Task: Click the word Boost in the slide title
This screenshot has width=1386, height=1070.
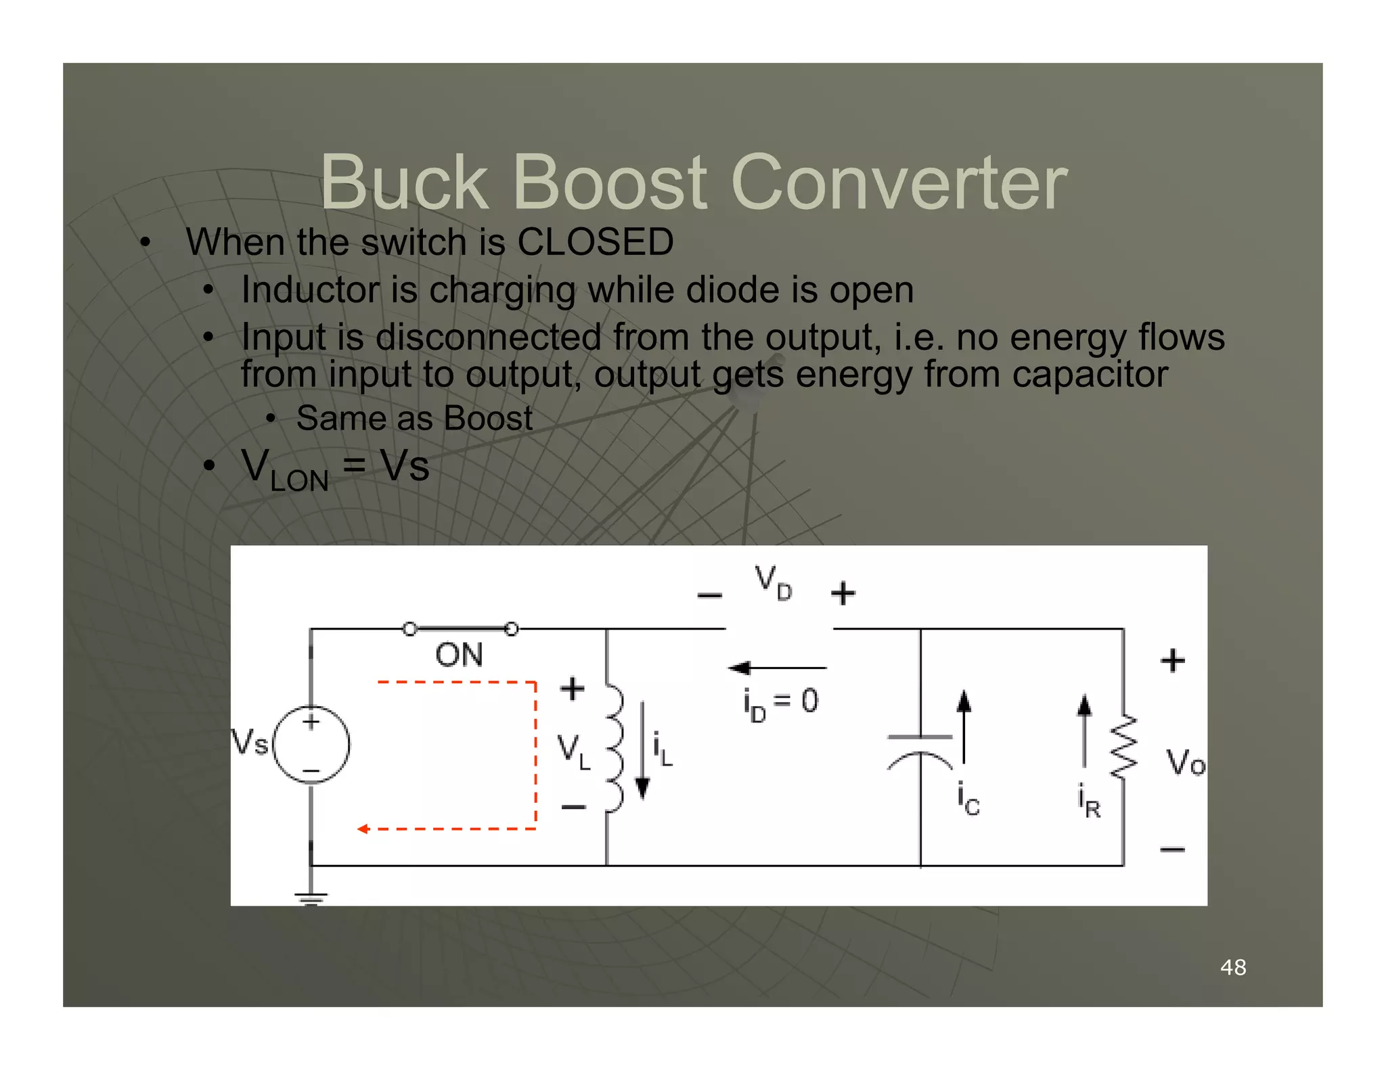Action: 610,183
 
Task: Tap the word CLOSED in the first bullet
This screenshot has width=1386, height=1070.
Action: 595,241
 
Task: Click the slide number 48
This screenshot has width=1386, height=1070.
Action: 1232,967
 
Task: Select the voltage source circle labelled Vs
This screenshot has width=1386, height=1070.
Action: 311,744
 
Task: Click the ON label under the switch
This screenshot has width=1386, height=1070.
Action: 459,655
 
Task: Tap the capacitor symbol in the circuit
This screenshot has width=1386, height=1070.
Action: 920,751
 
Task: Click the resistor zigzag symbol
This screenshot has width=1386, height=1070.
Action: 1124,747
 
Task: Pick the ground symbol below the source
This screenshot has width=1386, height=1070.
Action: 311,898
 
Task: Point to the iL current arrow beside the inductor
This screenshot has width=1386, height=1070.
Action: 643,751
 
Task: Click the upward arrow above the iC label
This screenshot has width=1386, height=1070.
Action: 964,727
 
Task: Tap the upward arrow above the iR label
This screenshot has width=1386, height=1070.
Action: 1084,730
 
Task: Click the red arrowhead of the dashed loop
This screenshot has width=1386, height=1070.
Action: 363,829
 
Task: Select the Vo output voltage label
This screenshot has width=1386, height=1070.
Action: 1185,763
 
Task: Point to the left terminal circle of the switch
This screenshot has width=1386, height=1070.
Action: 409,629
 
